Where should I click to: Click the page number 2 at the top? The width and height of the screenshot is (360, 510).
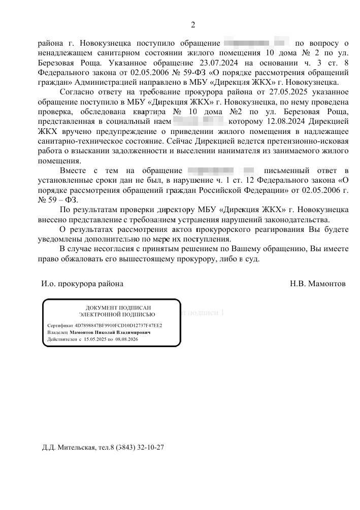192,25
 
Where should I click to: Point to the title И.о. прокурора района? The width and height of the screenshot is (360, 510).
82,284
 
